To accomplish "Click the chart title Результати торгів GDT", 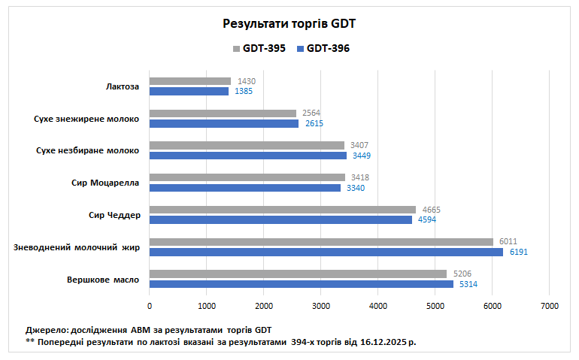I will click(x=289, y=23).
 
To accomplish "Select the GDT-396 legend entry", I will click(x=327, y=49).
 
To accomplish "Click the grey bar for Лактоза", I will click(x=190, y=81).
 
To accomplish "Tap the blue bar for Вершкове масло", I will click(x=301, y=284).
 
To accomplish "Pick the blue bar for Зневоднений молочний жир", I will click(x=326, y=252).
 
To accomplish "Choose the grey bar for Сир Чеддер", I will click(x=282, y=210).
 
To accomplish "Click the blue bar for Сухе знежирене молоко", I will click(x=224, y=123).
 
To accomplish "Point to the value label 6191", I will click(x=519, y=253).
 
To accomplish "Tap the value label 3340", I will click(x=355, y=188).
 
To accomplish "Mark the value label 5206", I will click(x=462, y=274).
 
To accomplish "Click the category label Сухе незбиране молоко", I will click(x=87, y=150).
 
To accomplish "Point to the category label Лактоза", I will click(x=123, y=86).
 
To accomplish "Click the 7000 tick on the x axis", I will click(x=549, y=306).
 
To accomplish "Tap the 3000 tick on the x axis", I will click(x=321, y=306).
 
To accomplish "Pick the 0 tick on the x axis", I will click(x=150, y=306).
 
